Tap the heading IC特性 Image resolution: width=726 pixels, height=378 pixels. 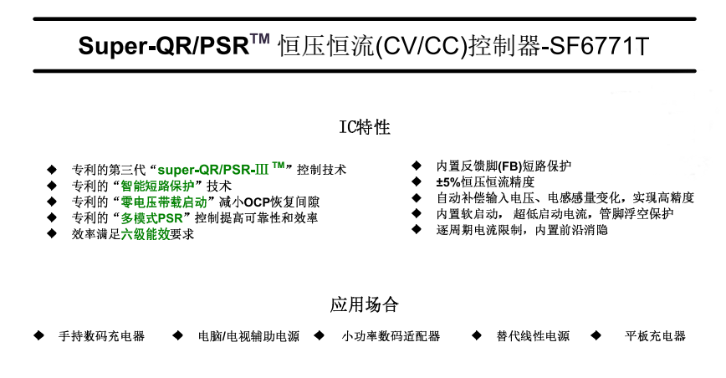363,127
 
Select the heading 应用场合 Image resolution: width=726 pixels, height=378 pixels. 363,304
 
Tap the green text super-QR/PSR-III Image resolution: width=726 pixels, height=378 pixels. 221,169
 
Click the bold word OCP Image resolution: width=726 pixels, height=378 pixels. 248,202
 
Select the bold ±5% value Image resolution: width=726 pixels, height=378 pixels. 448,181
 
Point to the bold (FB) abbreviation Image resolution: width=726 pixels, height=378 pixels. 501,166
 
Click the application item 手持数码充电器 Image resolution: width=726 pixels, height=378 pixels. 101,336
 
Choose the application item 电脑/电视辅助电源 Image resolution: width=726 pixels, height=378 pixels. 248,336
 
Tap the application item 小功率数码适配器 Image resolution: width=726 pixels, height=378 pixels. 391,336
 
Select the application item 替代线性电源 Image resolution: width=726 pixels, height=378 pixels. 533,336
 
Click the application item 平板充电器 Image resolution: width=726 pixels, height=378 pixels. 656,336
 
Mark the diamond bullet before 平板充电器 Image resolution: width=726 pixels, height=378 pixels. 596,335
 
